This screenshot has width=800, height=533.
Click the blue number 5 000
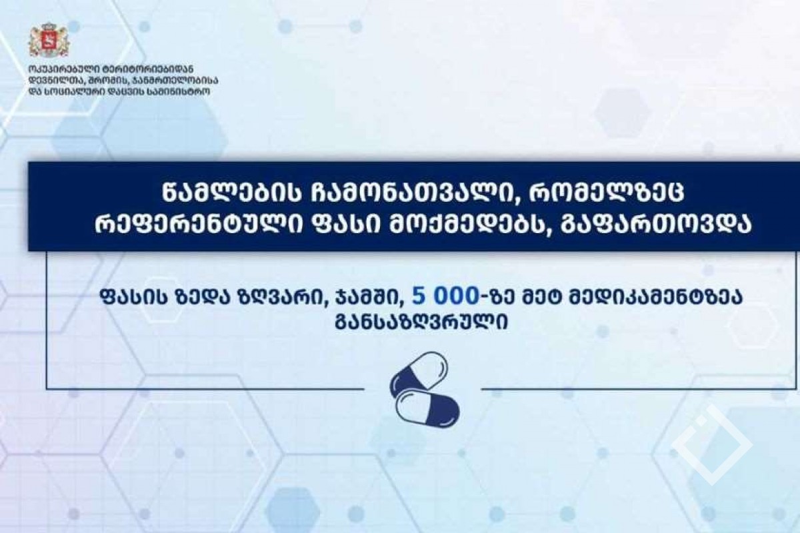445,296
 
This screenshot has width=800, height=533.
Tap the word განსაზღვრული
421,323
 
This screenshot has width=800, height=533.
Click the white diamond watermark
712,445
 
